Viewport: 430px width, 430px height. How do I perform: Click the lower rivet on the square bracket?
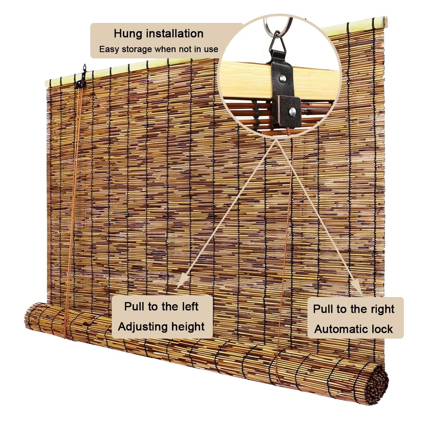pos(293,111)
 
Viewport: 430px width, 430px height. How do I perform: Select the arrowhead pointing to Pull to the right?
pos(356,287)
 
